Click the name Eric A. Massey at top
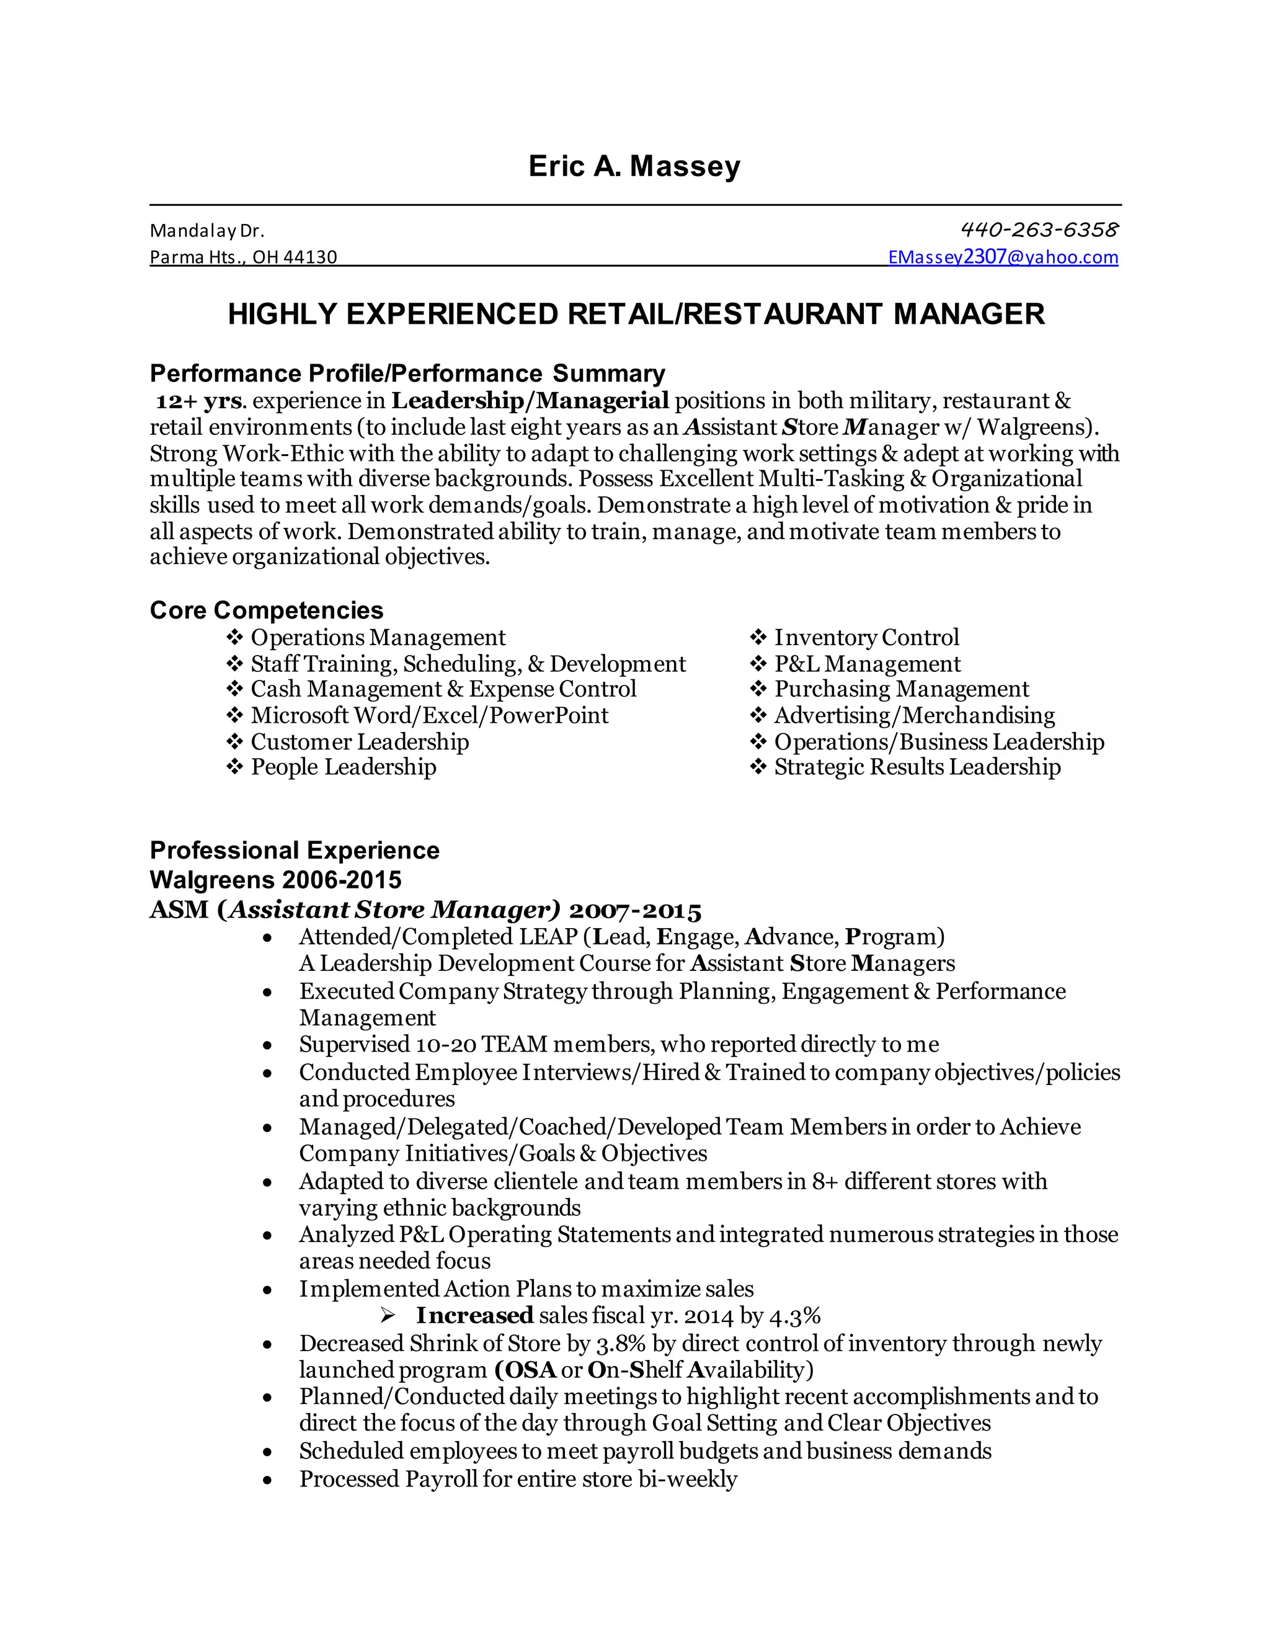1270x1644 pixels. (x=634, y=166)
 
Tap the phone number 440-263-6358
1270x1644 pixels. (x=1039, y=229)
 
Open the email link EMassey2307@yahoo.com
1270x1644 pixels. (x=1003, y=257)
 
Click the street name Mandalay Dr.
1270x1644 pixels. (x=207, y=230)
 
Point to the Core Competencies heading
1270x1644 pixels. (x=266, y=610)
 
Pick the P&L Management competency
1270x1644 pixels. (x=867, y=664)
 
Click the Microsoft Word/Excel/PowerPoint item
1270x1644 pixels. (x=429, y=715)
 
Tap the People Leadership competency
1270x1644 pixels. (x=343, y=767)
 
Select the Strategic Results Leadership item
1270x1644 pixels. (x=917, y=767)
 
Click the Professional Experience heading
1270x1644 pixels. (x=294, y=850)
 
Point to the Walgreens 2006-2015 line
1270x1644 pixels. (x=275, y=879)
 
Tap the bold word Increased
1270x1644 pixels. (x=475, y=1316)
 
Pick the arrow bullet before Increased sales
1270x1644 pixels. (x=388, y=1316)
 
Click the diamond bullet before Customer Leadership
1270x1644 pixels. (x=235, y=741)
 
